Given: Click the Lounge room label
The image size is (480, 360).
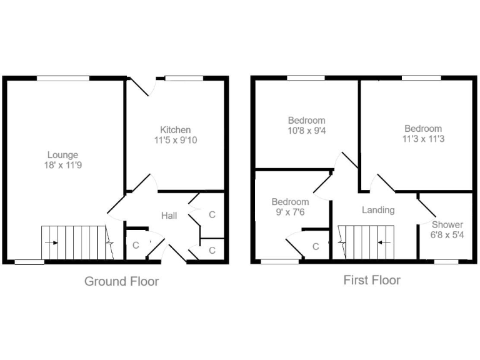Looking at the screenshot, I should pyautogui.click(x=63, y=155).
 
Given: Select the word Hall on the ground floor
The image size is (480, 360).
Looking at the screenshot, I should pyautogui.click(x=169, y=216).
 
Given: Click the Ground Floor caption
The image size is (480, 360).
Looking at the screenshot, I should pyautogui.click(x=121, y=281).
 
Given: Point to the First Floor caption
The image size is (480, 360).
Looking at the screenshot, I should pyautogui.click(x=372, y=280).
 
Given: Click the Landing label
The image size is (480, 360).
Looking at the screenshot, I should pyautogui.click(x=378, y=210).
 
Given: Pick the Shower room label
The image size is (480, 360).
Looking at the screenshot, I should pyautogui.click(x=447, y=224).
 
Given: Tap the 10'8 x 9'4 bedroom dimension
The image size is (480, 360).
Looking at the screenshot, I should pyautogui.click(x=306, y=131).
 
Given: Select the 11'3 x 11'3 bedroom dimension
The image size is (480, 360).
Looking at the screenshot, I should pyautogui.click(x=422, y=139).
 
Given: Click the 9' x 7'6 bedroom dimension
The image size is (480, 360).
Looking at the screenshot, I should pyautogui.click(x=290, y=212).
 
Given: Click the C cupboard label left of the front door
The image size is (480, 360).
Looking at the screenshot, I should pyautogui.click(x=136, y=245).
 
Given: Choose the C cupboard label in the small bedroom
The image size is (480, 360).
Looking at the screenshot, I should pyautogui.click(x=316, y=247).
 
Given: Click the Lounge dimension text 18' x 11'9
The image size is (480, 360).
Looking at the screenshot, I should pyautogui.click(x=63, y=166).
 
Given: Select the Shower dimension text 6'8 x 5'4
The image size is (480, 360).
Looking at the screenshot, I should pyautogui.click(x=447, y=235).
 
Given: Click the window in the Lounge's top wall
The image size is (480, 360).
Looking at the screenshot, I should pyautogui.click(x=62, y=77).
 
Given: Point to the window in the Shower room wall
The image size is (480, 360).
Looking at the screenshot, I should pyautogui.click(x=446, y=261).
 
